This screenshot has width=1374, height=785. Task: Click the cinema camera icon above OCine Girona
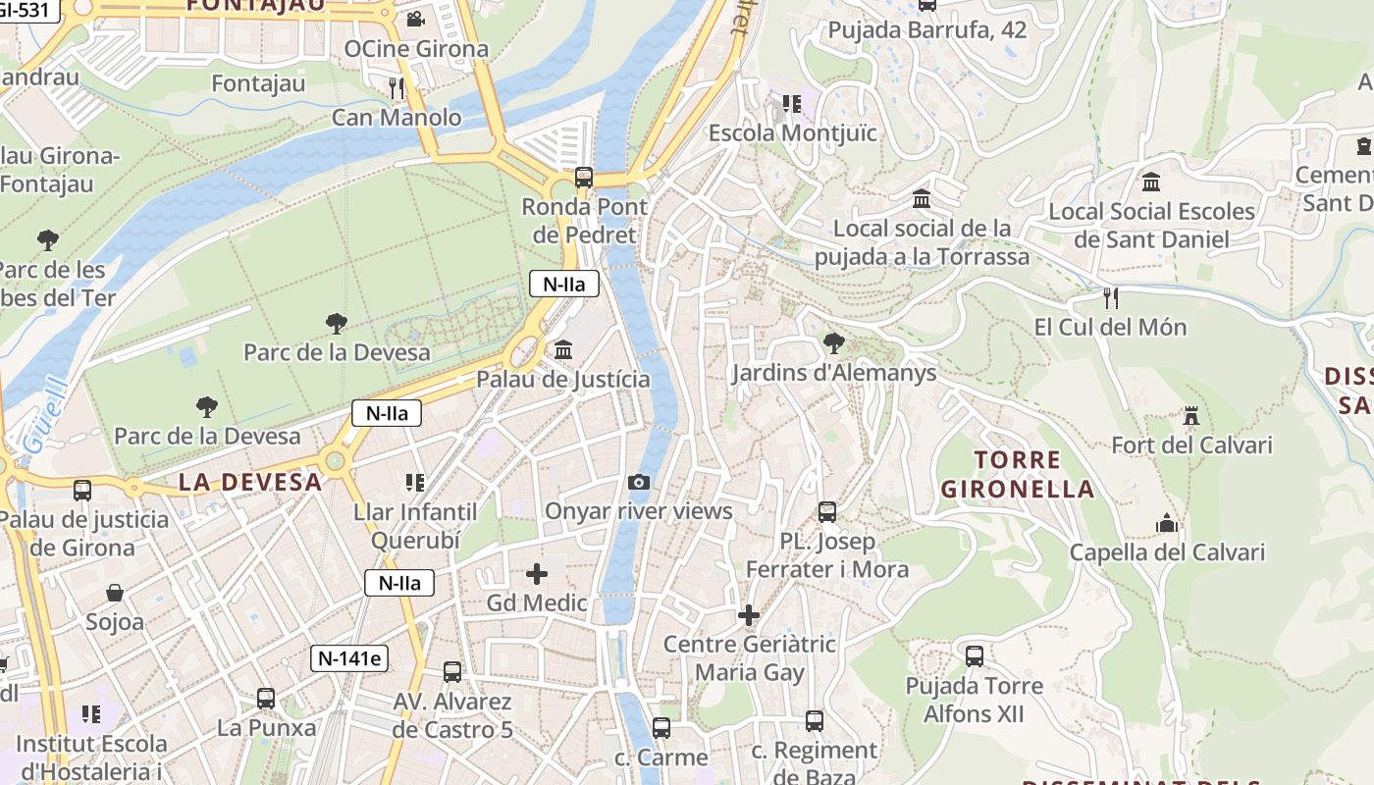tap(415, 19)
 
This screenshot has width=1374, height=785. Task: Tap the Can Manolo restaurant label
tap(396, 118)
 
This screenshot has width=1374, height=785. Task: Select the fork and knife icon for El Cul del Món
tap(1111, 297)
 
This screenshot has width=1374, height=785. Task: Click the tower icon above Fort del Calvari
tap(1191, 415)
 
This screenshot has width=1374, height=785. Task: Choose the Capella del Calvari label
tap(1167, 552)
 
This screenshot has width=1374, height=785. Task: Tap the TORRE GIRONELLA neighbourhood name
tap(1017, 474)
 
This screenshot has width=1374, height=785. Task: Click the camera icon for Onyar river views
tap(639, 482)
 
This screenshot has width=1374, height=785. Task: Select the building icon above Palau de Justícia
tap(563, 349)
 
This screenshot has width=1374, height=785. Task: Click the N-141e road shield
tap(349, 658)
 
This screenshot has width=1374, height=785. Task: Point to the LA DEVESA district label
tap(250, 482)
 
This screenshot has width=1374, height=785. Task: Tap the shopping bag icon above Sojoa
tap(115, 593)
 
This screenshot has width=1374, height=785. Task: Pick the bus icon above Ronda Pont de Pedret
tap(584, 178)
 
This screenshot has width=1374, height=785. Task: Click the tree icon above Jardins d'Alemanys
tap(834, 343)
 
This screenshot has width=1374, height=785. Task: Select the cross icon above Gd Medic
tap(537, 574)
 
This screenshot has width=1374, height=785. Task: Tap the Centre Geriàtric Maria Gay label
tap(750, 658)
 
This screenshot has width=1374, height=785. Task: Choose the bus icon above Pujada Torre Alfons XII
tap(975, 655)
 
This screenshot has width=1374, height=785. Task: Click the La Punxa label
tap(266, 728)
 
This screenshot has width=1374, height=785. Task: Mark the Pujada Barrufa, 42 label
tap(926, 29)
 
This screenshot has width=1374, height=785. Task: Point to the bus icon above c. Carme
tap(661, 728)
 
